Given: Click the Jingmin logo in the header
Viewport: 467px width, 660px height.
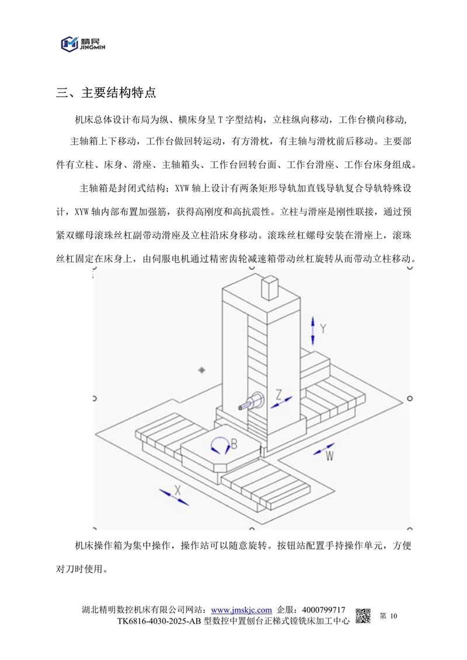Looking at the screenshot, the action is [82, 44].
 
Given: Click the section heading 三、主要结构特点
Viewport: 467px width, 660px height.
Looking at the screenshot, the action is [106, 93].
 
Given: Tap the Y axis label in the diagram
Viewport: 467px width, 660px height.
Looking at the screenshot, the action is [323, 329].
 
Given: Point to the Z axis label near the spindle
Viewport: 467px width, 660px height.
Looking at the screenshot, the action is [279, 394].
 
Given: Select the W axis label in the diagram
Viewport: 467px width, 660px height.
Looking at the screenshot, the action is [329, 455].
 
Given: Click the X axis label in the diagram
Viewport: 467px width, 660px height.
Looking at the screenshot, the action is [177, 490].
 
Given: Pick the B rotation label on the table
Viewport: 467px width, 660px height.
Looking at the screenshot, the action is [234, 444].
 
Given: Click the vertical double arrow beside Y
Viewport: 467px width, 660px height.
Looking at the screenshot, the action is [312, 330].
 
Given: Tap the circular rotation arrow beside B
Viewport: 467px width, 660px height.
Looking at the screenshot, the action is [219, 445].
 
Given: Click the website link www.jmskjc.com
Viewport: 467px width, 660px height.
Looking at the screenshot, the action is [241, 610].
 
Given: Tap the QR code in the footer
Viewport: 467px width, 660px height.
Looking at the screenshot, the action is [363, 616].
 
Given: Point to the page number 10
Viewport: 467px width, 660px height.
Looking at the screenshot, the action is [393, 616].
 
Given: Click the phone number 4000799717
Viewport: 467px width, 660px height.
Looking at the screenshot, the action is [324, 610].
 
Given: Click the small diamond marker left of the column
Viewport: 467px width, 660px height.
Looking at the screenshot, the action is [202, 370].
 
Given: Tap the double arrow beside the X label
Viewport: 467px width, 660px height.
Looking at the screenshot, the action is [174, 497].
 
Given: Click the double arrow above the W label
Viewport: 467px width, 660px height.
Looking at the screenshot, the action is [324, 449].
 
